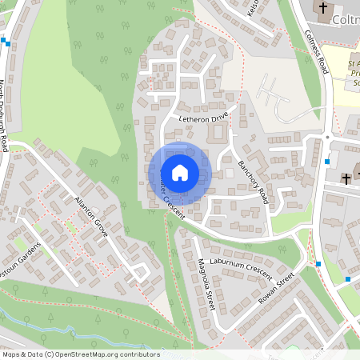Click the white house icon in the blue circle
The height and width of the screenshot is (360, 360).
(180, 172)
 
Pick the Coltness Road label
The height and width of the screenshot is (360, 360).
(317, 53)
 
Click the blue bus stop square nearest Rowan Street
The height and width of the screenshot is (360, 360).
(318, 264)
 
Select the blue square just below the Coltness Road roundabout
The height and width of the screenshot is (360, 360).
(327, 162)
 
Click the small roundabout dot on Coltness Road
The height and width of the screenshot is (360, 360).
(327, 137)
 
